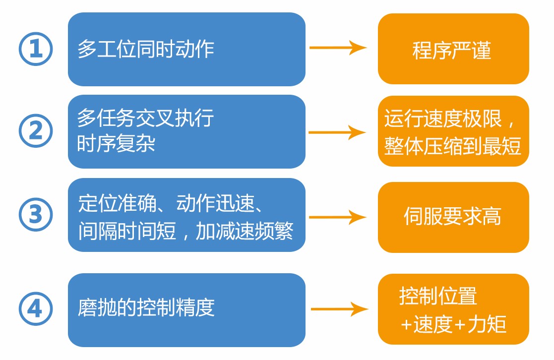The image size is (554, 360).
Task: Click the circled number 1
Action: (x=35, y=49)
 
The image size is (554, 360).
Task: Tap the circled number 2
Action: (x=35, y=132)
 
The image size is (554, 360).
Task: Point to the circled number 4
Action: (x=35, y=310)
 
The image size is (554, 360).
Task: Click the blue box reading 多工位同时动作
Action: (x=186, y=49)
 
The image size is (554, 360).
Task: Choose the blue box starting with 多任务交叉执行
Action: (x=186, y=132)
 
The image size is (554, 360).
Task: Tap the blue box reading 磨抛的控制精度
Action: (x=186, y=310)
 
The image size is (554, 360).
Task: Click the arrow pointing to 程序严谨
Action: (x=338, y=48)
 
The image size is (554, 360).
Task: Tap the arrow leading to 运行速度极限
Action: (x=338, y=132)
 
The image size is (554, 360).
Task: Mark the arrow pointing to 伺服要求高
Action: (x=338, y=217)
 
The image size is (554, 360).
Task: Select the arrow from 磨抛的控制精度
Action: (x=340, y=309)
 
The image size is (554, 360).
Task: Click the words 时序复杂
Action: (x=117, y=144)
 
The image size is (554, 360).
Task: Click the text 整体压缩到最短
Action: (x=453, y=146)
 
